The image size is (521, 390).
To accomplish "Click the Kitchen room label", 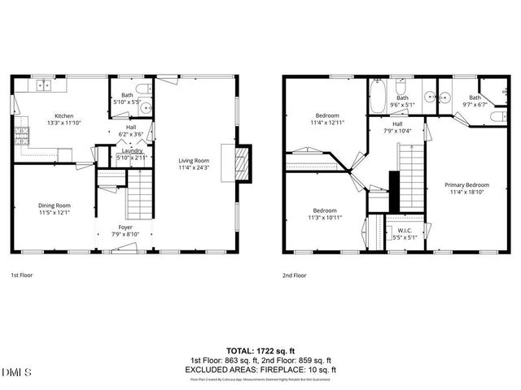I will (x=65, y=115).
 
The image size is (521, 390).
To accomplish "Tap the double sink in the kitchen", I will (x=42, y=84).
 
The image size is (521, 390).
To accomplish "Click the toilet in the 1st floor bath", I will (x=142, y=89).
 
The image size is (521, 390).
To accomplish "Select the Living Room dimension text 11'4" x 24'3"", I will (x=195, y=168).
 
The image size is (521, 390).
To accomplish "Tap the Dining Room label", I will (x=55, y=206).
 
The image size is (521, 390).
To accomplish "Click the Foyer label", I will (x=125, y=227).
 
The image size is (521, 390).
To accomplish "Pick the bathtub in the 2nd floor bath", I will (x=378, y=97).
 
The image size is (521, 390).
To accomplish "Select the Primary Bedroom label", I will (x=466, y=184).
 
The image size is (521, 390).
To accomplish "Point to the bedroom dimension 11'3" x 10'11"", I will (x=325, y=218).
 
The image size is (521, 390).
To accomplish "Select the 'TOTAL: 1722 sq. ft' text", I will (x=260, y=351).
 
